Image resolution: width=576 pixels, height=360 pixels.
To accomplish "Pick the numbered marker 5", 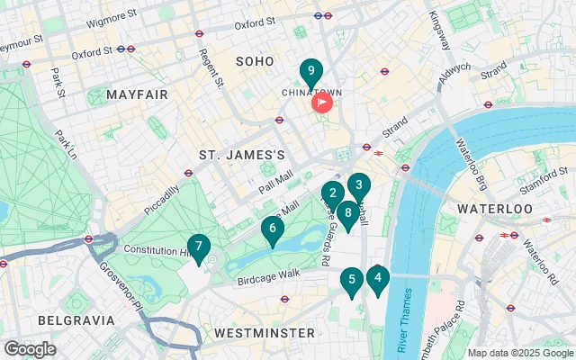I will pyautogui.click(x=351, y=281).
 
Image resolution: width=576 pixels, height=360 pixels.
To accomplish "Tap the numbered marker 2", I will pyautogui.click(x=333, y=193).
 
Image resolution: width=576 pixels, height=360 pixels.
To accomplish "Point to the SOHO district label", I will pyautogui.click(x=254, y=61).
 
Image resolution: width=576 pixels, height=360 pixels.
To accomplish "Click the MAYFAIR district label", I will pyautogui.click(x=137, y=94).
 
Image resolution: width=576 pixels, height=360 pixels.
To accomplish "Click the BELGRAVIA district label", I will pyautogui.click(x=76, y=320).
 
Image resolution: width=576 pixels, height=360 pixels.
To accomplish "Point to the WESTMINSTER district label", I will pyautogui.click(x=263, y=333).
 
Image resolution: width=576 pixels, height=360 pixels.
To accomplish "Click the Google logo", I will pyautogui.click(x=30, y=348).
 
